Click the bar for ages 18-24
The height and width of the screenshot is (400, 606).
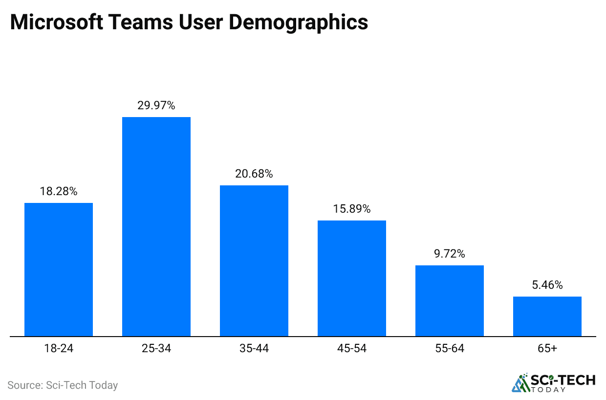59,269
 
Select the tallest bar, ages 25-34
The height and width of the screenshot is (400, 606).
156,226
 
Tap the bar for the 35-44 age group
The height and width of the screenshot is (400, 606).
254,260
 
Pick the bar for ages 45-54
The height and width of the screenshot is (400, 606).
352,278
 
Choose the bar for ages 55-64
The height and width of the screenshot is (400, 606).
450,300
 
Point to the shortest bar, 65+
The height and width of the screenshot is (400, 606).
547,316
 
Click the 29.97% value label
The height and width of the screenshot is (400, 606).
156,105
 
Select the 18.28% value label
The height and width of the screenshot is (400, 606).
59,191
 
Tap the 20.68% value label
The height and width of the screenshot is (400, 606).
254,174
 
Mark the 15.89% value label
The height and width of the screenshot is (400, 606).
352,209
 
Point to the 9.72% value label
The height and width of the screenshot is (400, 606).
450,254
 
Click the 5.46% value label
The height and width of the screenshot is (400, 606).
547,285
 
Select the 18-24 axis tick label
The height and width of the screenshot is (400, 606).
59,349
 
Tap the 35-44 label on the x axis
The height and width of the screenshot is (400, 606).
254,349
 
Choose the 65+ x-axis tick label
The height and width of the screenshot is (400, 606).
547,349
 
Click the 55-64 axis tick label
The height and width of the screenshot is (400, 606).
450,349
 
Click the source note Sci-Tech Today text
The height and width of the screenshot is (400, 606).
63,385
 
